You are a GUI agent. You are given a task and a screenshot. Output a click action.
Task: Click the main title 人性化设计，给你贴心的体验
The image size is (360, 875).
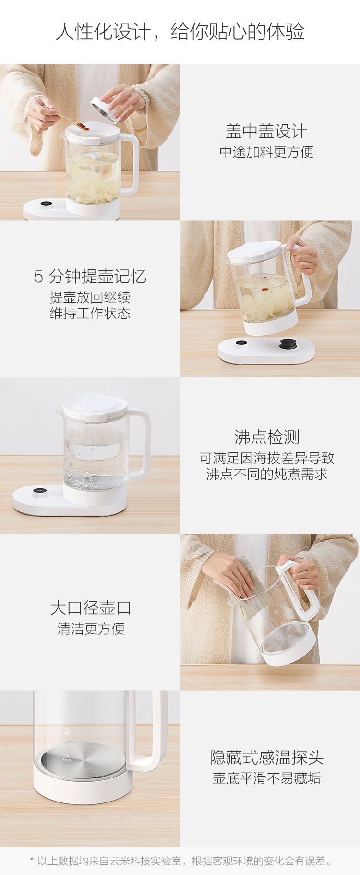coord(180,32)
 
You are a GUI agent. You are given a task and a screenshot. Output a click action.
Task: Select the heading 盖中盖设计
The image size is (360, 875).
coord(266,131)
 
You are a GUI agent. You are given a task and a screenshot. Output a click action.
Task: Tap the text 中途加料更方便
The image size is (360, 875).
coord(266,152)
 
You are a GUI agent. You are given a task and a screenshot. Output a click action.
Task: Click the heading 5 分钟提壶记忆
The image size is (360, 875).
coord(90,276)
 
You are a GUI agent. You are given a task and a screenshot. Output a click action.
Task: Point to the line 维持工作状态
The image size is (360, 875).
coord(90,314)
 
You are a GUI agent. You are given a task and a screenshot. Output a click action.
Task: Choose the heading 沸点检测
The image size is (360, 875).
coord(267,437)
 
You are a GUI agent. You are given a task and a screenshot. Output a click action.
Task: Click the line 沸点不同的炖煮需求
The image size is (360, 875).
coord(267,474)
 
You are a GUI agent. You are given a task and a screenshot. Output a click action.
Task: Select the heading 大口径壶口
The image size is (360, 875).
coord(90,608)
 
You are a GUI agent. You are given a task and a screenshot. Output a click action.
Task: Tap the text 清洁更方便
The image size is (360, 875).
coord(91,629)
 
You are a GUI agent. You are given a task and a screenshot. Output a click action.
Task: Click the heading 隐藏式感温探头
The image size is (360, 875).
coord(266,757)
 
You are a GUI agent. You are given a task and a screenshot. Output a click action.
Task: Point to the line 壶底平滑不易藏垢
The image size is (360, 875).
coord(266,778)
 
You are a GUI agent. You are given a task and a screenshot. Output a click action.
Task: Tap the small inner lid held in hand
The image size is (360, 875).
coord(105,110)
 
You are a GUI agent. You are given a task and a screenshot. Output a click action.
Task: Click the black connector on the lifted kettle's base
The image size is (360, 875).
coord(288,344)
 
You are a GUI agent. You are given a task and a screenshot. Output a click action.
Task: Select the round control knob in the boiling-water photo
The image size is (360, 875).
coord(40,493)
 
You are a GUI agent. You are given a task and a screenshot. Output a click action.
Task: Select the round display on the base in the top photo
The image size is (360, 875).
coord(47,205)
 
